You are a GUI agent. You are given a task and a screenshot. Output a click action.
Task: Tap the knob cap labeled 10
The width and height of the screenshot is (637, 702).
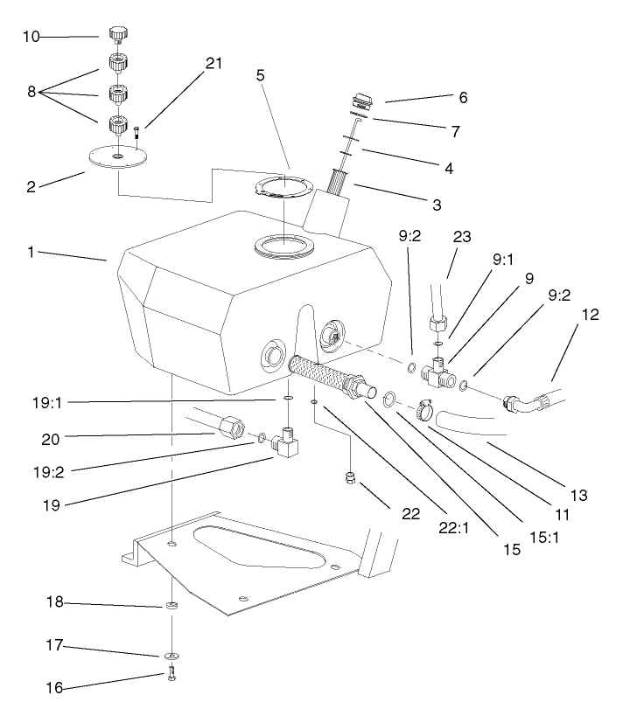(x=119, y=34)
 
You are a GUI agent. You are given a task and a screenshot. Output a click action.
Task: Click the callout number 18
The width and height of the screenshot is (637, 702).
(x=53, y=604)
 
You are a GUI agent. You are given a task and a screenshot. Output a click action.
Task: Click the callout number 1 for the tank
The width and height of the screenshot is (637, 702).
(x=32, y=251)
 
